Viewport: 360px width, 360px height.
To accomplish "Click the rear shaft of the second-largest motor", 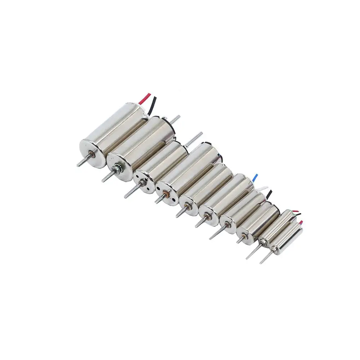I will click(175, 119).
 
